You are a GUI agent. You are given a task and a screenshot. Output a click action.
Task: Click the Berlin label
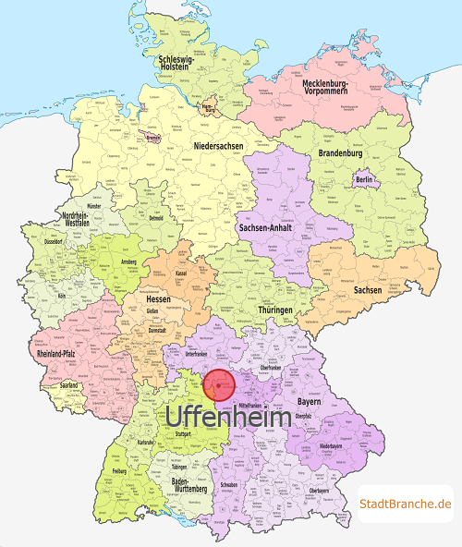point(363,179)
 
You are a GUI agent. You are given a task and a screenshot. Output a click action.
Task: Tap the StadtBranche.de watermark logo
point(406,504)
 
